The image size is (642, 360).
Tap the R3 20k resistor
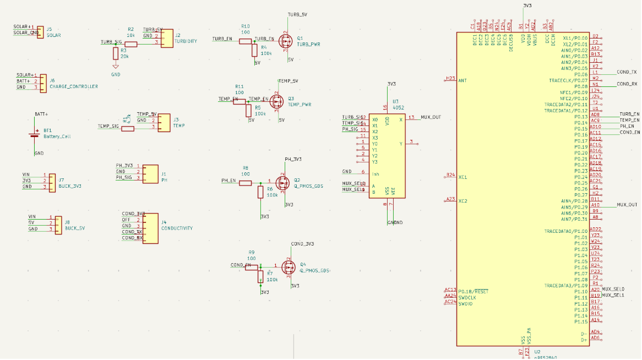click(x=115, y=53)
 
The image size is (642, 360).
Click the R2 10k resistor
click(x=130, y=42)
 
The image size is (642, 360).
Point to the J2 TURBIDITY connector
click(x=166, y=39)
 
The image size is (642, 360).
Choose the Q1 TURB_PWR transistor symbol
click(x=286, y=41)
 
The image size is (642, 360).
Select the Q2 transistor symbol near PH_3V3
click(x=282, y=182)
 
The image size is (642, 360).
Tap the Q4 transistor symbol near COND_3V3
click(x=289, y=268)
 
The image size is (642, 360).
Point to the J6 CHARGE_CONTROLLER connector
click(x=43, y=82)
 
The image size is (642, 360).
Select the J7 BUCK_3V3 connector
click(x=52, y=182)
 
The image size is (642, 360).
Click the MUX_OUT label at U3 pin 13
click(x=431, y=117)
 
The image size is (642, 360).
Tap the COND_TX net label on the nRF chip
click(x=627, y=72)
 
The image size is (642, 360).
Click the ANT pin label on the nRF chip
click(x=463, y=80)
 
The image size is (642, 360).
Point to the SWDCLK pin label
click(x=467, y=297)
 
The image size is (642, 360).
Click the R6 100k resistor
click(x=260, y=192)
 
